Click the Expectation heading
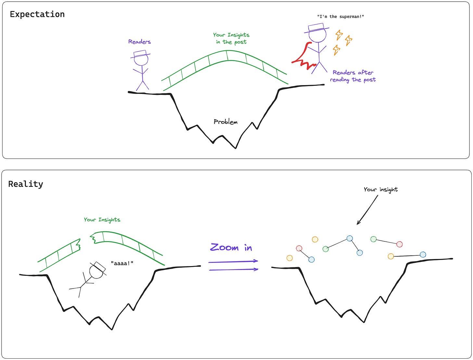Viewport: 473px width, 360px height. point(37,14)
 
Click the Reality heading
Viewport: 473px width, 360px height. point(26,184)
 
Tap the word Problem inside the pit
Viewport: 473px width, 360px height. point(225,122)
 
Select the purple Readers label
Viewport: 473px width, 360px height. point(139,42)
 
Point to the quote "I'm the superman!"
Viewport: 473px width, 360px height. point(340,17)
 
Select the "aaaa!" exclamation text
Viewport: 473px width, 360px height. point(122,263)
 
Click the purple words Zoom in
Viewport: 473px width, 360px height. point(231,248)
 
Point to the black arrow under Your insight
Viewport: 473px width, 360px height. point(367,210)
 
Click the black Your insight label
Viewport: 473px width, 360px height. point(380,189)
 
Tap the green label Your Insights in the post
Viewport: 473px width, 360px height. point(231,38)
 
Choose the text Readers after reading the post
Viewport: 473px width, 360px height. point(353,76)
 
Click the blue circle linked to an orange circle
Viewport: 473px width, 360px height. point(423,254)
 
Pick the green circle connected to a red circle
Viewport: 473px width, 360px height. point(374,239)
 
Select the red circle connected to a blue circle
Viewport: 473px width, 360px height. point(299,248)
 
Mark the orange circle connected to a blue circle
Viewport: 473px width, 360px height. point(391,256)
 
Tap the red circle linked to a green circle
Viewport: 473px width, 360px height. point(400,244)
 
